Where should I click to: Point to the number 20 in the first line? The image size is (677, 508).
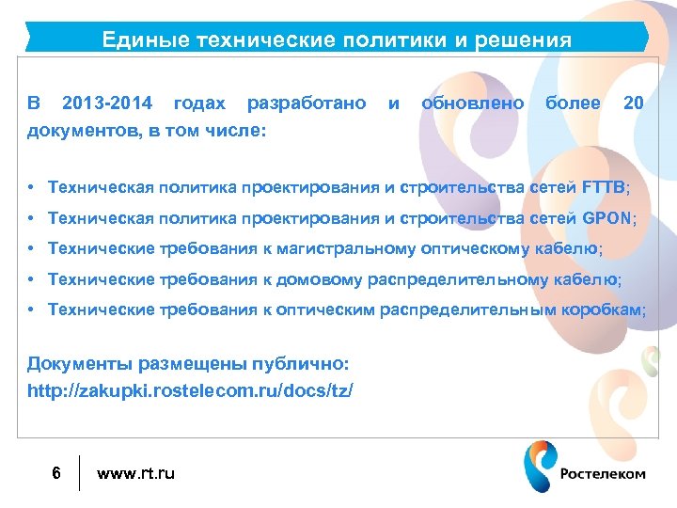[x=633, y=103]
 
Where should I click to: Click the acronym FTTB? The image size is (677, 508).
[x=603, y=187]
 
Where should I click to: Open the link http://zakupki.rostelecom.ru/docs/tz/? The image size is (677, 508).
[x=191, y=389]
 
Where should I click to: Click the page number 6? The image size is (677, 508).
[x=56, y=472]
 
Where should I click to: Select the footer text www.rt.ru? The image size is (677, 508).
[x=135, y=472]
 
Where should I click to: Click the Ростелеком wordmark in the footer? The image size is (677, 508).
[x=603, y=474]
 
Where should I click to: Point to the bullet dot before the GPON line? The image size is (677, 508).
[x=31, y=218]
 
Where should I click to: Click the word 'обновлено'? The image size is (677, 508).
[x=473, y=103]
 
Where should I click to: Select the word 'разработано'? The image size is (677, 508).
[x=307, y=103]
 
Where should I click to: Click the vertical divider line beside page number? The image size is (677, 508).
[x=79, y=473]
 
